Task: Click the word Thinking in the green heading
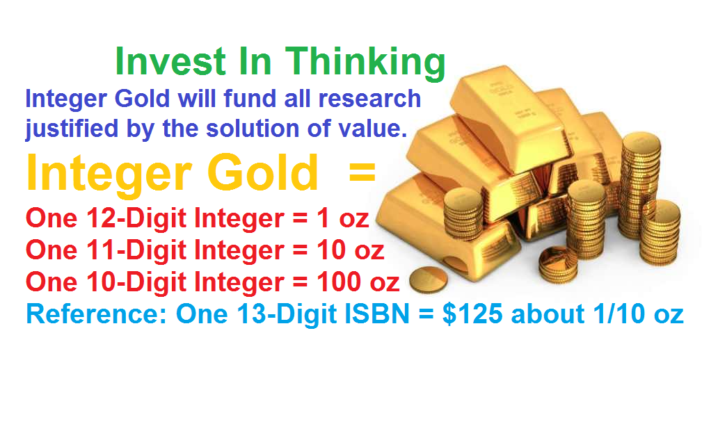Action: click(x=365, y=63)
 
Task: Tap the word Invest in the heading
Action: click(x=170, y=61)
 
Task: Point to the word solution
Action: click(x=253, y=128)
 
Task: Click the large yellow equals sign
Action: click(x=362, y=172)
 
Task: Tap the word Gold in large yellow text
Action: click(x=262, y=172)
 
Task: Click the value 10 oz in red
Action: click(x=351, y=250)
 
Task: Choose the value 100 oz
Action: click(x=358, y=282)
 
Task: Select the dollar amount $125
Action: click(x=472, y=314)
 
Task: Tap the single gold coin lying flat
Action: click(x=429, y=279)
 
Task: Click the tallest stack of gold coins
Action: click(x=641, y=184)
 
